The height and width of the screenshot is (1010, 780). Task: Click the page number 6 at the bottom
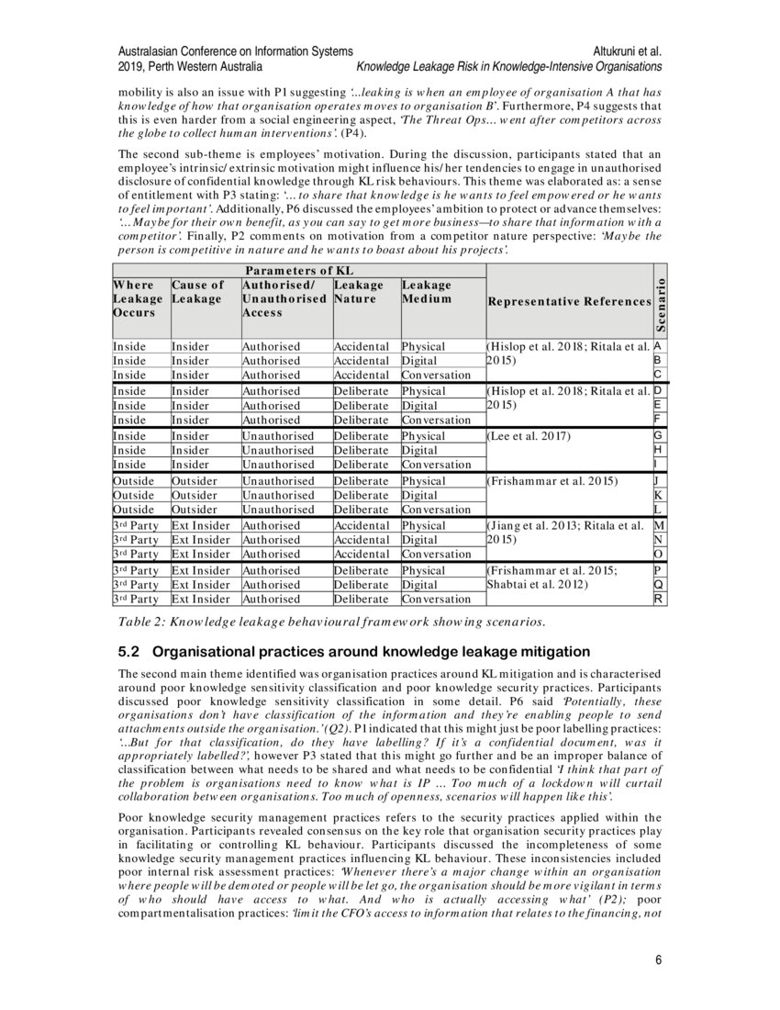[x=658, y=960]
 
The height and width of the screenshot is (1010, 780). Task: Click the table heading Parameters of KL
[x=298, y=270]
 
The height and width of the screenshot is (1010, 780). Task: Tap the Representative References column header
[x=569, y=301]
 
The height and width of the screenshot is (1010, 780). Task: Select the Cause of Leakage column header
[x=198, y=292]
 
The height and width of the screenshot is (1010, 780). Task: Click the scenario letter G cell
[x=659, y=435]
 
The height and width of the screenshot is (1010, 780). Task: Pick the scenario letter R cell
[x=659, y=599]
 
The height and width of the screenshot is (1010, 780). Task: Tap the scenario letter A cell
[x=659, y=346]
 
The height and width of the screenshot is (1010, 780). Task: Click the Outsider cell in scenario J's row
[x=195, y=480]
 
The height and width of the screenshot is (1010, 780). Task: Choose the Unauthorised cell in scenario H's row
[x=277, y=450]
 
